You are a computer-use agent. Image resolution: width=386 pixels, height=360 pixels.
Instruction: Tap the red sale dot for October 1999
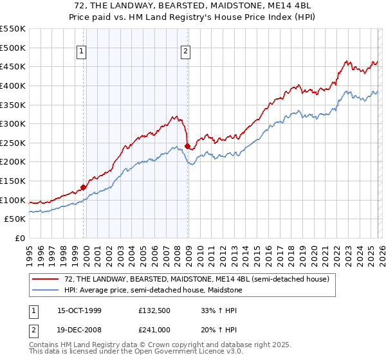tap(83, 188)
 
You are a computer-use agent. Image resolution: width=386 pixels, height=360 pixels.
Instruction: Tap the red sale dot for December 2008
tap(187, 147)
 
